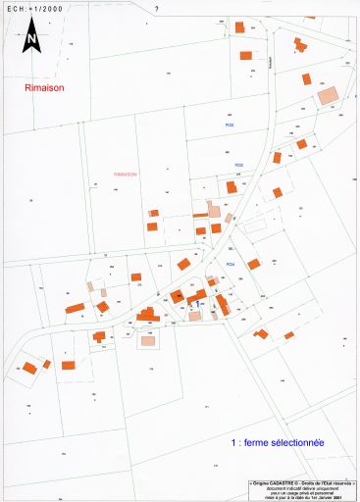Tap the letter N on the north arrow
click(31, 40)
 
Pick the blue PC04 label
click(231, 264)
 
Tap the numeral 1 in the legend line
click(232, 442)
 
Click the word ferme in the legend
click(259, 442)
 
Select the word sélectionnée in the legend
click(300, 442)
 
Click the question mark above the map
click(157, 8)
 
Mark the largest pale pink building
click(327, 94)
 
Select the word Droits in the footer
click(311, 483)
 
